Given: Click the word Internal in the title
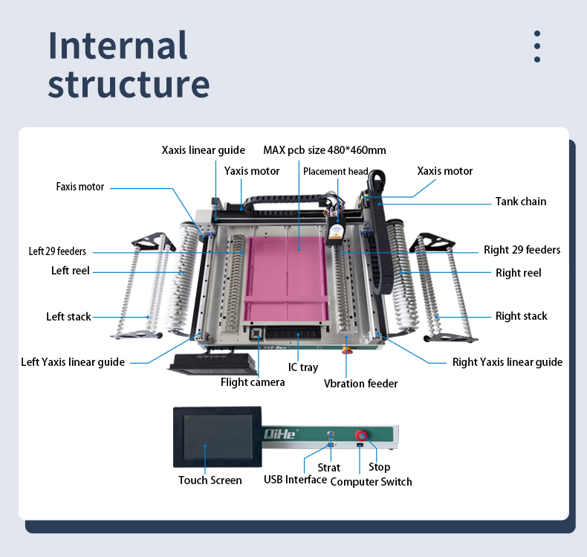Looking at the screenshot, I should point(117,46).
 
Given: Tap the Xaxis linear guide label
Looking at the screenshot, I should point(203,150).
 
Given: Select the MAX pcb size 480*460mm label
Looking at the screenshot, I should point(325,150).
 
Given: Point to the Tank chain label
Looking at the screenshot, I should point(520,202).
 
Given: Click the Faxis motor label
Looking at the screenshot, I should point(80,187).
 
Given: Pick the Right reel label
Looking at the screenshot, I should point(518,273).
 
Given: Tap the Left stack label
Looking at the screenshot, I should point(68,317).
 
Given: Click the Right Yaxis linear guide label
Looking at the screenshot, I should point(507,362).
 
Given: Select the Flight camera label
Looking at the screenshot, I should point(253,382).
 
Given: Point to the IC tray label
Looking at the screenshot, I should point(303,367).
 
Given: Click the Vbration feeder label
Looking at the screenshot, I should point(360,384).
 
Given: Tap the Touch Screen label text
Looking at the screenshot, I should point(210,480).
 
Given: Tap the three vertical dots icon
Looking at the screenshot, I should point(536,47).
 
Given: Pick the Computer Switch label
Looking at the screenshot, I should point(371,482).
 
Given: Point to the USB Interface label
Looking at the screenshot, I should point(295,480).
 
